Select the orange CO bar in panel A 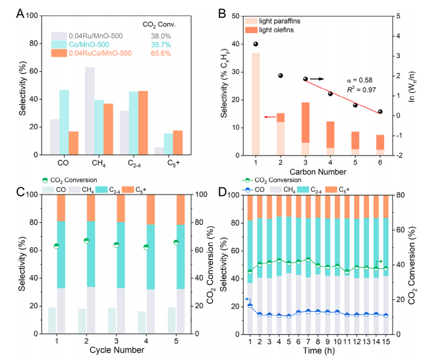pos(74,142)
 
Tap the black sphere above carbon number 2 pos(280,76)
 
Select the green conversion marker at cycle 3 pos(117,245)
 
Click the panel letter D pos(222,193)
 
